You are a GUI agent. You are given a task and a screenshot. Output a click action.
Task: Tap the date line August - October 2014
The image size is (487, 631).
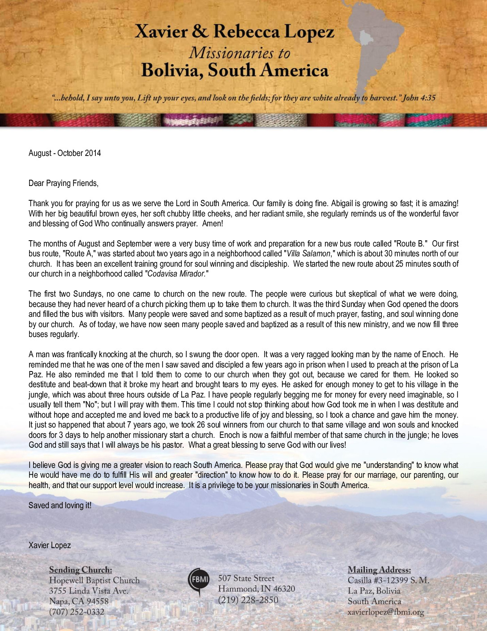(65, 153)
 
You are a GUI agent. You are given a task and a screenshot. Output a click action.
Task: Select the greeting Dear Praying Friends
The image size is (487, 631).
(63, 183)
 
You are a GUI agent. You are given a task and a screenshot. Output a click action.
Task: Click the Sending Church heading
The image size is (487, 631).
(81, 570)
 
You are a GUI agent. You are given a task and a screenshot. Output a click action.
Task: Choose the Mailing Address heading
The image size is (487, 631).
(379, 570)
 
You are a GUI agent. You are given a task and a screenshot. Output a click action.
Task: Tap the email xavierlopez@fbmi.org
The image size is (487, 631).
(385, 612)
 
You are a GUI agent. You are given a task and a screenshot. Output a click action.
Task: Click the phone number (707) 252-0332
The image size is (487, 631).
(77, 612)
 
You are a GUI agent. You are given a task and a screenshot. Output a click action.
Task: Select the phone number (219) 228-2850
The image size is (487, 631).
(248, 600)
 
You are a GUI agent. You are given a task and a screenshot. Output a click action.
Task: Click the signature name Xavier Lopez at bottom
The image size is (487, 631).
(50, 545)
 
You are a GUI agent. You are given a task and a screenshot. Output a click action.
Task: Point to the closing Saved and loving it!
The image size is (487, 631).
(60, 506)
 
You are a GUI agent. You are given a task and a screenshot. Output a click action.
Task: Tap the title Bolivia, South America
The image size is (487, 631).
(235, 71)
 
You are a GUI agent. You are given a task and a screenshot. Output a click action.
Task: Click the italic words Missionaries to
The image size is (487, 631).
(239, 53)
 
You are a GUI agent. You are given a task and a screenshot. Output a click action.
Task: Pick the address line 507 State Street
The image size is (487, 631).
(246, 579)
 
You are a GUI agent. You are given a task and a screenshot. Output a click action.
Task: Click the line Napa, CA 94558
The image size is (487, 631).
(79, 601)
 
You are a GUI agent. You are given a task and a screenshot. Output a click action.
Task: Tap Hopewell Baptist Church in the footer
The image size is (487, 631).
(94, 581)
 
